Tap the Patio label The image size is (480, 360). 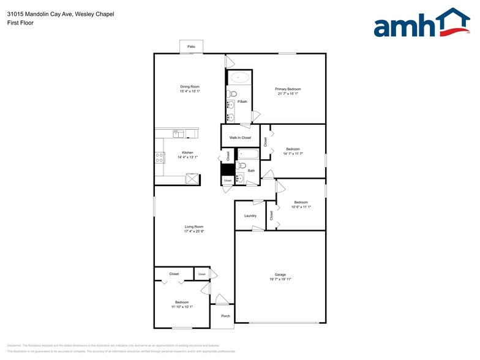(x=191, y=47)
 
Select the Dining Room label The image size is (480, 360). (x=190, y=87)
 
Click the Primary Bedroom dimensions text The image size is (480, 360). (x=288, y=94)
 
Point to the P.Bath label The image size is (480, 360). (x=242, y=102)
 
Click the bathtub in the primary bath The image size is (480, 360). (x=239, y=78)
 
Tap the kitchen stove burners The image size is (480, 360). (x=160, y=156)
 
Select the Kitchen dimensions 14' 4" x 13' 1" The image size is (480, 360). (x=187, y=157)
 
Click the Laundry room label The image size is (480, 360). (x=250, y=216)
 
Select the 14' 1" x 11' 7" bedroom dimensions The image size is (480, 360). (x=293, y=154)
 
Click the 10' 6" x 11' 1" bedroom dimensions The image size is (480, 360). (x=300, y=207)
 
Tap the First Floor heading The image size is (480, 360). (x=21, y=23)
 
